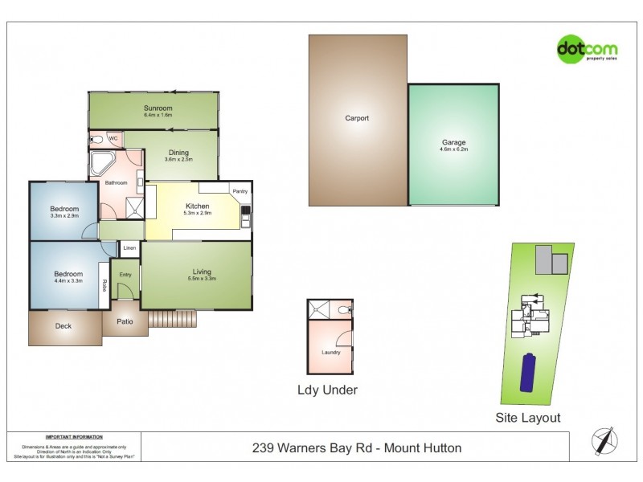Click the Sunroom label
pyautogui.click(x=158, y=108)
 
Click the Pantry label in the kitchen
pyautogui.click(x=240, y=191)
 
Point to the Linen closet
pyautogui.click(x=129, y=249)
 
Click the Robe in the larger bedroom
pyautogui.click(x=104, y=286)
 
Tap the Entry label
pyautogui.click(x=125, y=275)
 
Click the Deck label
pyautogui.click(x=63, y=326)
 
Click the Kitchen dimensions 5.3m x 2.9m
pyautogui.click(x=197, y=214)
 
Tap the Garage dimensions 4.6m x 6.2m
pyautogui.click(x=453, y=149)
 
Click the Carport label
pyautogui.click(x=357, y=118)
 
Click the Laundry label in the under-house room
pyautogui.click(x=331, y=352)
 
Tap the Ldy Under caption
pyautogui.click(x=327, y=390)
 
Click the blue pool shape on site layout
pyautogui.click(x=529, y=372)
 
